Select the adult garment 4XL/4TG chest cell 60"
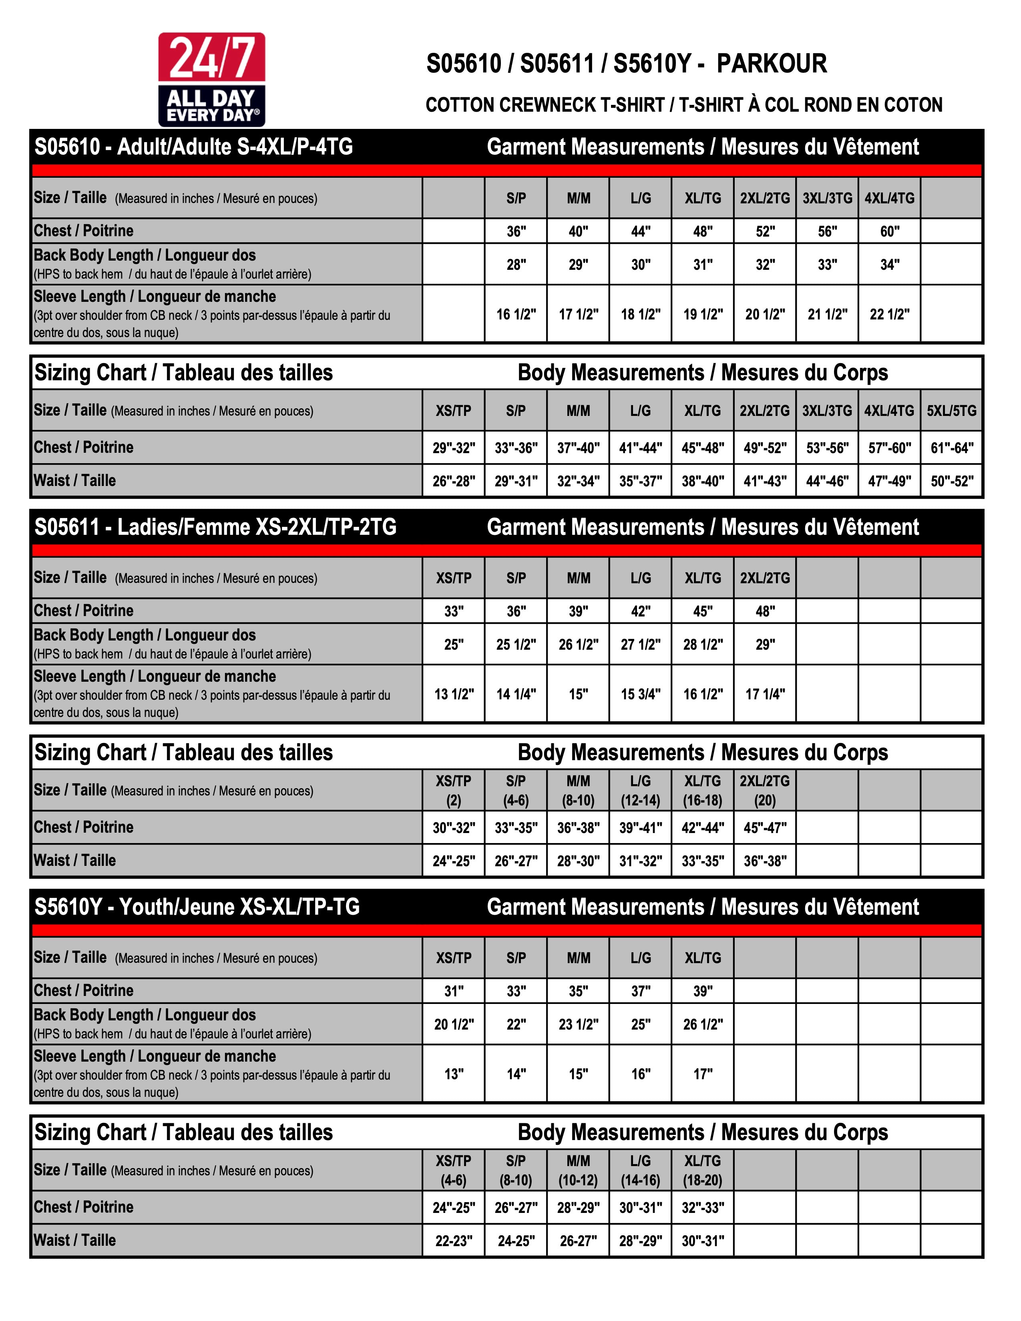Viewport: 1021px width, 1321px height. pos(889,231)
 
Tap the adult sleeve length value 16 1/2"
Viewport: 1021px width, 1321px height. pos(516,314)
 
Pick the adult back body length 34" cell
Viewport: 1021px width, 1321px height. pos(889,264)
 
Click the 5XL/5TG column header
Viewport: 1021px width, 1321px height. pos(951,411)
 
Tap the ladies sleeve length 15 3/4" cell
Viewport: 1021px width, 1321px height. pos(641,694)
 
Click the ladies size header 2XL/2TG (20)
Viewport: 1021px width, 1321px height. pos(764,791)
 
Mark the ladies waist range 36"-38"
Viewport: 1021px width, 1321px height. pos(764,861)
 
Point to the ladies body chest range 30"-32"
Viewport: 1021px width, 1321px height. pos(454,827)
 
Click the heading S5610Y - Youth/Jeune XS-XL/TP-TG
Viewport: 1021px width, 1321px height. pos(197,907)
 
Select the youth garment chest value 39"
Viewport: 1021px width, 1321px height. pos(703,991)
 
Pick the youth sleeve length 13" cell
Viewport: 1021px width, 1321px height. pos(454,1074)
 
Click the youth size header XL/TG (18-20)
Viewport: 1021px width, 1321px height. pos(703,1170)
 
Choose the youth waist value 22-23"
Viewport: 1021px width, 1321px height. pos(454,1241)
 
